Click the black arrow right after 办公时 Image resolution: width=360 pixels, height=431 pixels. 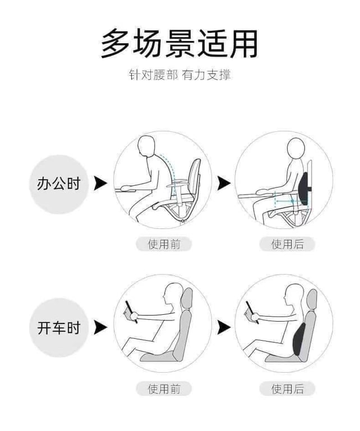(x=100, y=183)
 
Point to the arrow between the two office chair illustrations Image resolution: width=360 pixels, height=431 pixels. (x=223, y=183)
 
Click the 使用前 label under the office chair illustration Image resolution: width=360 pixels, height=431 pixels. (x=163, y=244)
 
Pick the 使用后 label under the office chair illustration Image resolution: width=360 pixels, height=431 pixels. (x=287, y=244)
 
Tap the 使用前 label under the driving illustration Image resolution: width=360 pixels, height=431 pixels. (x=163, y=389)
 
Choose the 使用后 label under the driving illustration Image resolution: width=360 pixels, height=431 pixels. (x=287, y=389)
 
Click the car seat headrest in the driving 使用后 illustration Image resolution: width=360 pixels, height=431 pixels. (x=311, y=298)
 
